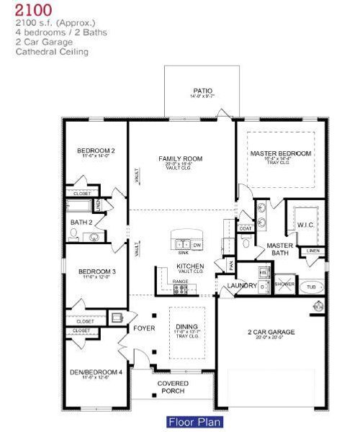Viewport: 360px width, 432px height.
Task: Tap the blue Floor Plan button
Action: (194, 422)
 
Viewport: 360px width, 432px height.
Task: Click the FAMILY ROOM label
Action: (181, 158)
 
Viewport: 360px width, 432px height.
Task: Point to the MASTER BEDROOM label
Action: (281, 153)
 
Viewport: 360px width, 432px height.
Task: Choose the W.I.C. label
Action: (304, 225)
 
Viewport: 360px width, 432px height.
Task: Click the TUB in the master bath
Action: (311, 286)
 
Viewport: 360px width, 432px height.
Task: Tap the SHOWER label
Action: (285, 285)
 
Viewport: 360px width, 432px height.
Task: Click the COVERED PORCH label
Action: (172, 387)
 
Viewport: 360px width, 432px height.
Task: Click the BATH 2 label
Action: (81, 222)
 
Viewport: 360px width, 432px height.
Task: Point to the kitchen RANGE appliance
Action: (181, 288)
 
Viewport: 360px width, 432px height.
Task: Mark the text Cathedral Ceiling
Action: (52, 52)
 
